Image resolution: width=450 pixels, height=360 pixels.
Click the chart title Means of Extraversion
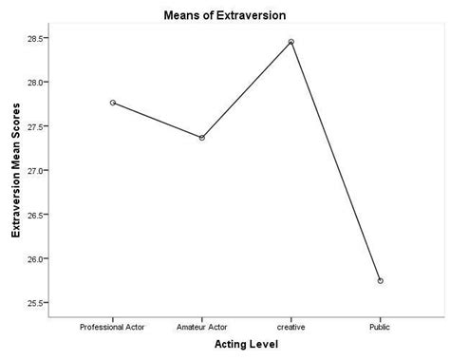point(225,13)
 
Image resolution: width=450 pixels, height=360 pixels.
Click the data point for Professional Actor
point(113,102)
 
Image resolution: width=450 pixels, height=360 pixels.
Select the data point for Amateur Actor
point(202,138)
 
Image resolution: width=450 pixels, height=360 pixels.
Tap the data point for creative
point(291,42)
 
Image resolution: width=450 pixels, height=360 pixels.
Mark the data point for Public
point(381,281)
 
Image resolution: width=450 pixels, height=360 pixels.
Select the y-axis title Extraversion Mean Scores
point(15,171)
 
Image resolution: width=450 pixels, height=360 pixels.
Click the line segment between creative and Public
point(336,161)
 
